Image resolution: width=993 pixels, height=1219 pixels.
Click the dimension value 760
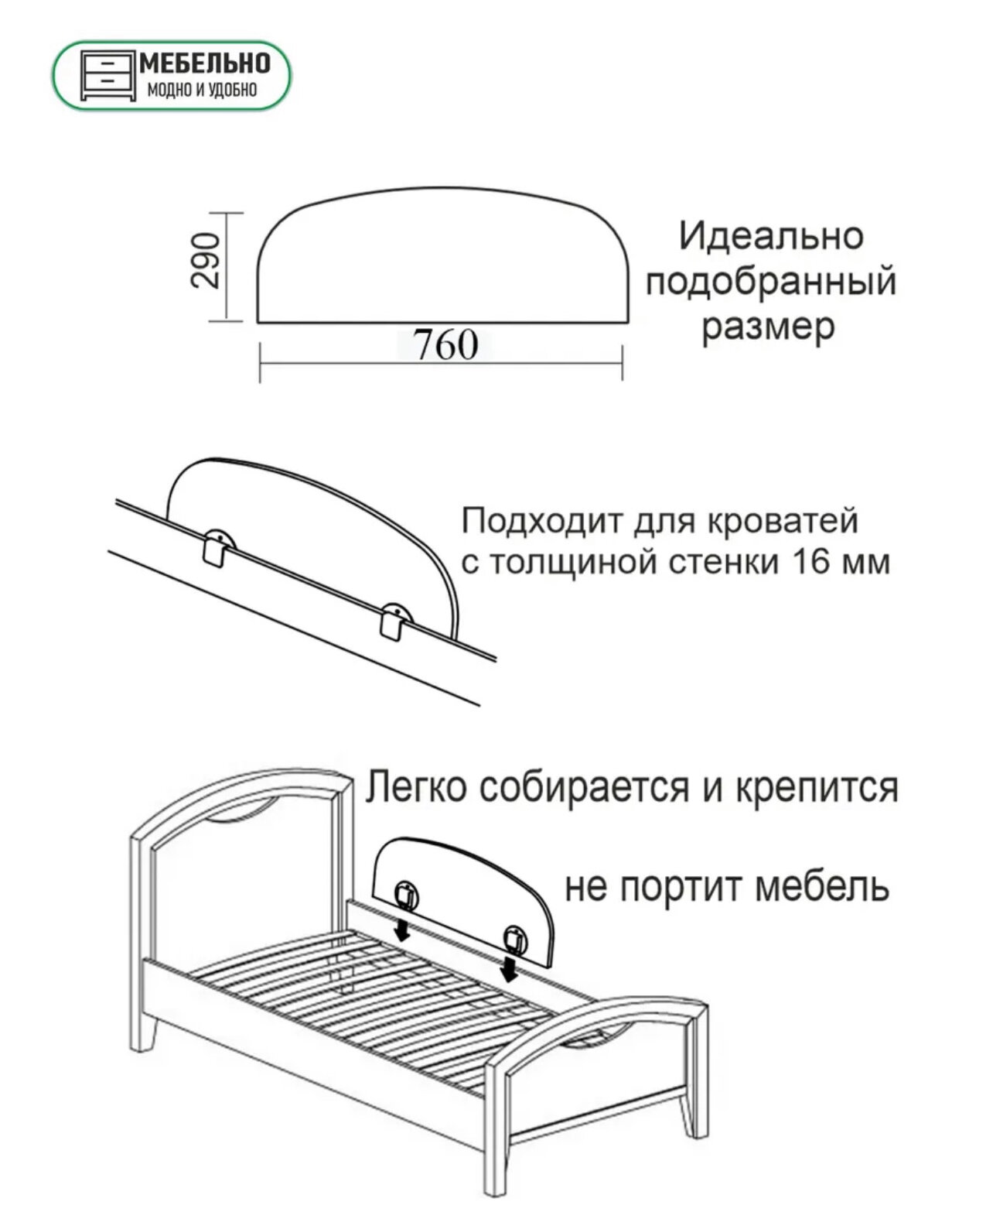pyautogui.click(x=445, y=345)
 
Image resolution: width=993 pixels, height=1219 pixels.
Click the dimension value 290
pyautogui.click(x=206, y=261)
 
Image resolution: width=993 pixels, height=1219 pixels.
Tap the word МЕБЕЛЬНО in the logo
pyautogui.click(x=204, y=63)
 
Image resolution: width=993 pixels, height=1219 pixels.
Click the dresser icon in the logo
pyautogui.click(x=107, y=76)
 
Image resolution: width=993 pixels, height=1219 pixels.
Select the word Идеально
pyautogui.click(x=770, y=235)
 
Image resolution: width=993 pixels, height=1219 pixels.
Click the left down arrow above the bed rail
pyautogui.click(x=401, y=932)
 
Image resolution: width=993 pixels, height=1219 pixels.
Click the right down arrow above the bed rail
pyautogui.click(x=509, y=969)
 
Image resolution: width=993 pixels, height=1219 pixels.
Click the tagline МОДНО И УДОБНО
pyautogui.click(x=201, y=91)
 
